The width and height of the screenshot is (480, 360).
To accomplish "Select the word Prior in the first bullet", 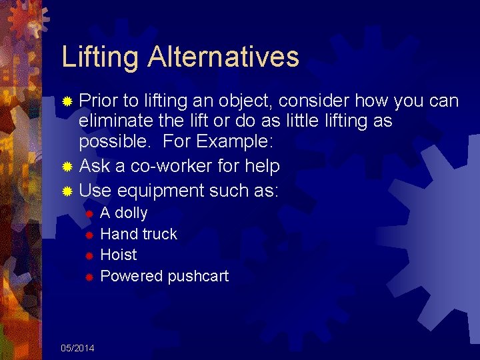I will [x=98, y=101].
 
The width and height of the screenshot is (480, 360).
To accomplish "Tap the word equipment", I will [x=160, y=191].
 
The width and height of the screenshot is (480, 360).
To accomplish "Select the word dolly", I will [x=131, y=213].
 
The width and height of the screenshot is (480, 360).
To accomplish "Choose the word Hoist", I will [x=118, y=255].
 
